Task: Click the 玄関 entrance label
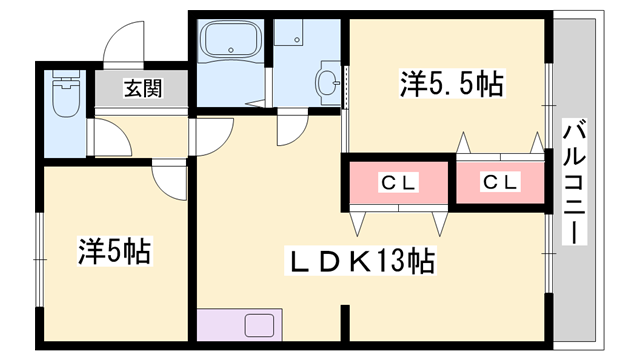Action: pos(143,88)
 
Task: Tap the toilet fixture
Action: pos(66,94)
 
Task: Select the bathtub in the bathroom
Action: pos(231,40)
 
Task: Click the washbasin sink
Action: pos(328,83)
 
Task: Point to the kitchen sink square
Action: pos(259,325)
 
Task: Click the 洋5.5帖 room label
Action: pos(452,84)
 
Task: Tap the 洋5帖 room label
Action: pos(115,251)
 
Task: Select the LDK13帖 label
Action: pos(360,260)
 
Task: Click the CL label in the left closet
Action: pos(398,182)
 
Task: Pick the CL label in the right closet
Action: pos(500,182)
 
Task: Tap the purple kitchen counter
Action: pos(240,324)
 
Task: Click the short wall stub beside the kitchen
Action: pos(345,323)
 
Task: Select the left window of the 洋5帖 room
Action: pos(40,259)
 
